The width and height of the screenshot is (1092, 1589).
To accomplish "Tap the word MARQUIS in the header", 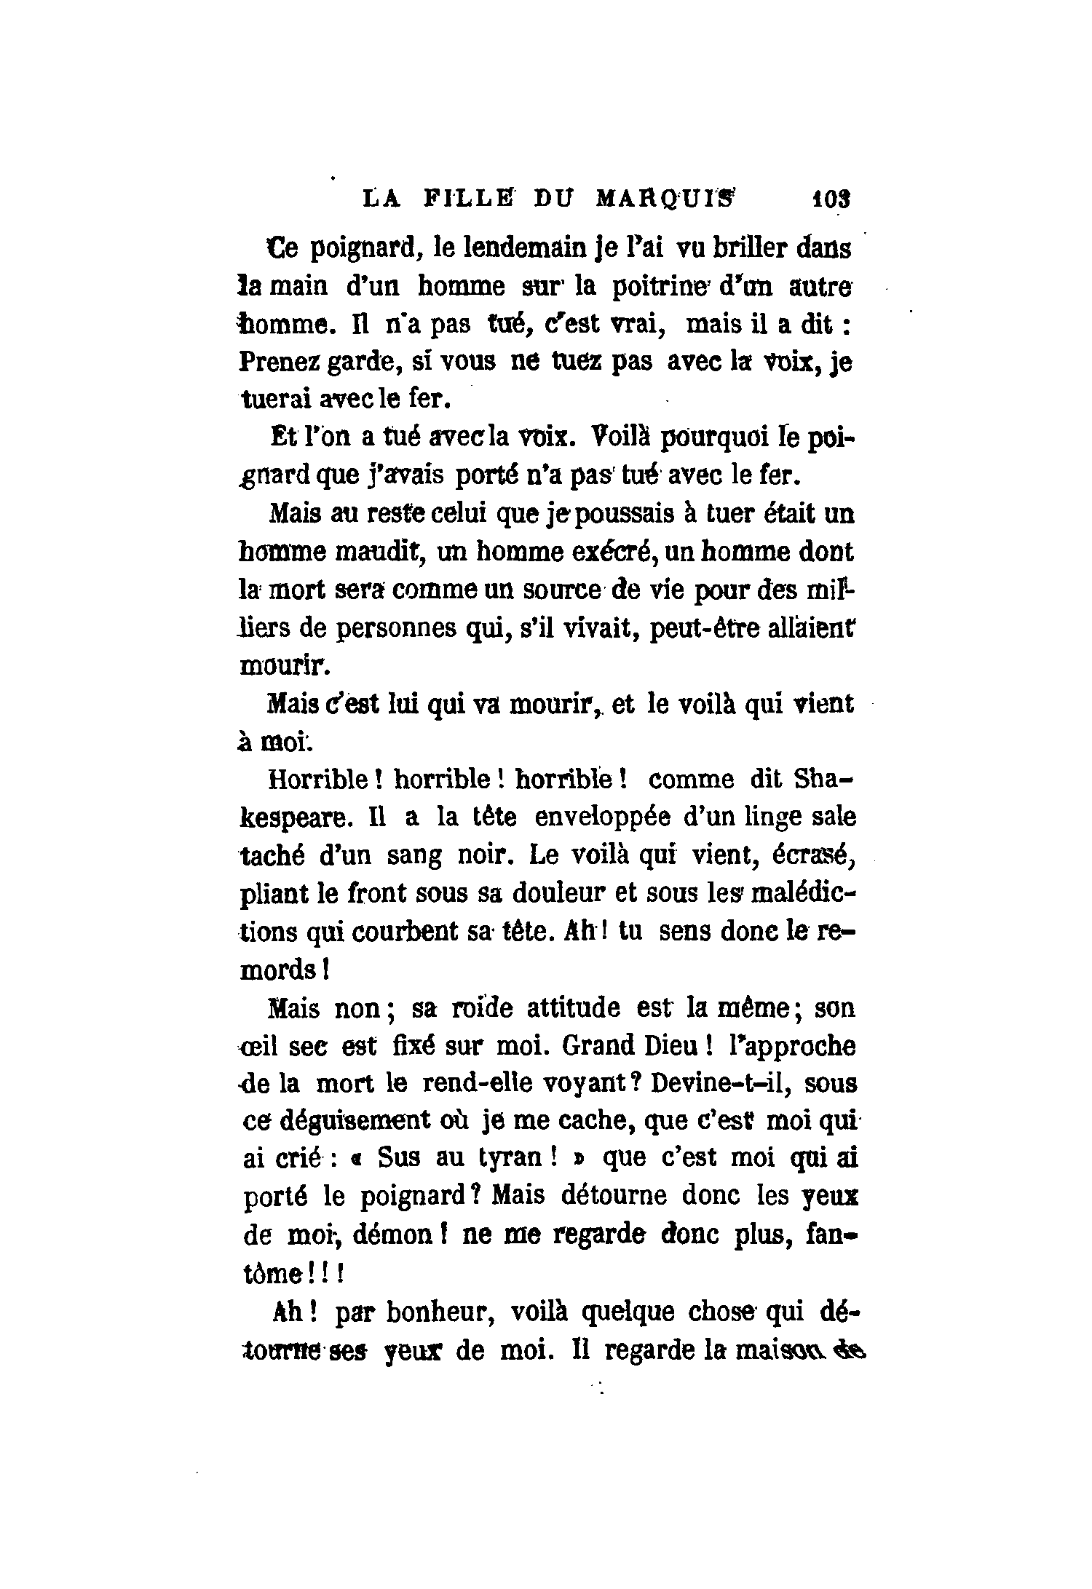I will click(x=665, y=199).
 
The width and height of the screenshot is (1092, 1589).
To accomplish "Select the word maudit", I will click(x=380, y=552).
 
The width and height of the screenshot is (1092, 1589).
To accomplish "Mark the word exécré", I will click(x=599, y=552).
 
